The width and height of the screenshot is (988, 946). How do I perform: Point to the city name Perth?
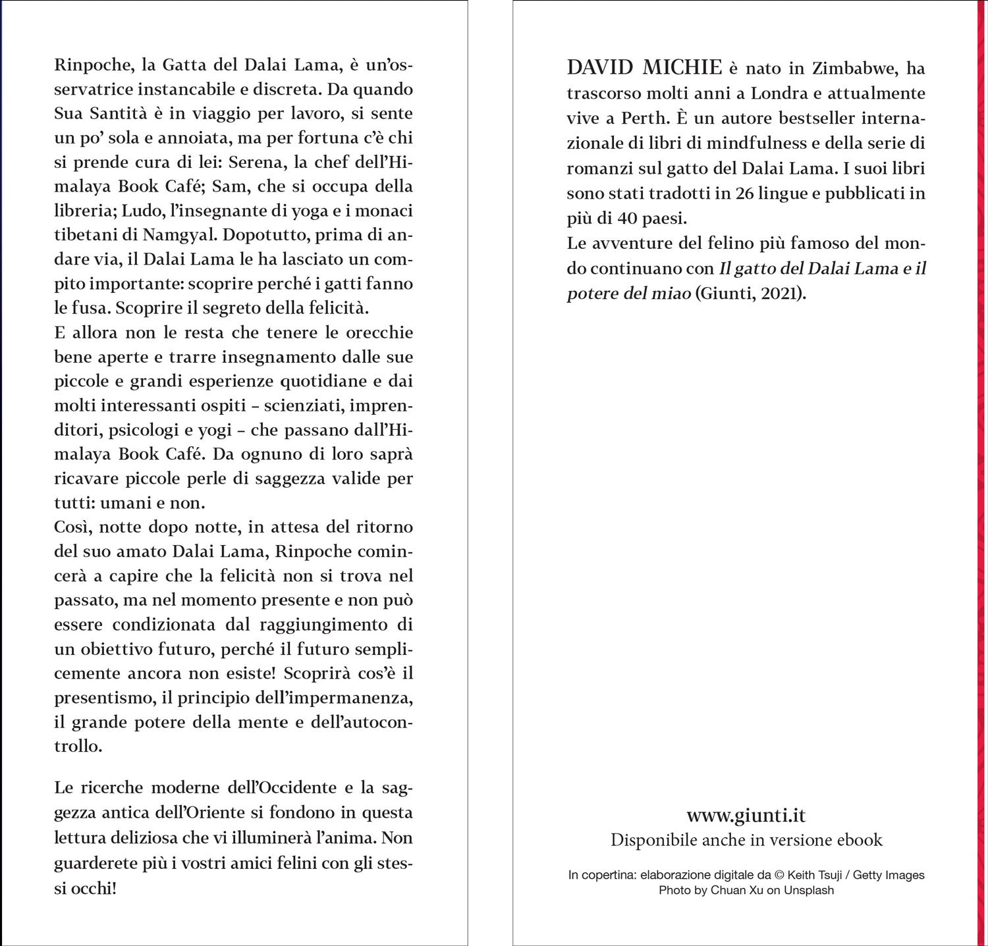(644, 118)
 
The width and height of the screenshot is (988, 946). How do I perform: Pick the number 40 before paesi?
(629, 218)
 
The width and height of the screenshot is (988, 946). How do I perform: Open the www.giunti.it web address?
(746, 816)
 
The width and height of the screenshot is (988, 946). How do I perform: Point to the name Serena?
(254, 162)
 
